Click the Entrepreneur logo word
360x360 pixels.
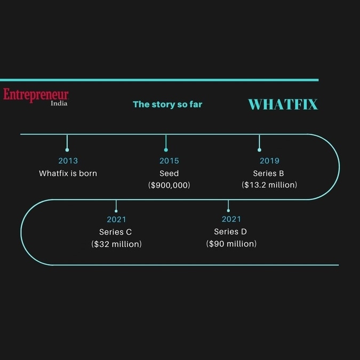(x=36, y=95)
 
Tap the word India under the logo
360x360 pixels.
(x=59, y=103)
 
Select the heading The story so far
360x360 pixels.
(x=167, y=105)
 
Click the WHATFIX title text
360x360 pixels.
(x=283, y=105)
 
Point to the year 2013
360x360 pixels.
(x=68, y=161)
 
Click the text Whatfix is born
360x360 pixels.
(x=68, y=173)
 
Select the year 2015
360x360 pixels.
(x=169, y=161)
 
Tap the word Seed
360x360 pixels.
(x=169, y=173)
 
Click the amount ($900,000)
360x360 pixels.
(x=169, y=185)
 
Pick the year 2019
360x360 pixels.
(x=269, y=161)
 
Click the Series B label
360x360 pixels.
(x=269, y=173)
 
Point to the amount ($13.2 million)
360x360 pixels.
(x=269, y=185)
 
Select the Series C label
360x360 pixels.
(x=116, y=232)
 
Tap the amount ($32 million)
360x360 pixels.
(x=117, y=244)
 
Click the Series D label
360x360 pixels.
(x=230, y=231)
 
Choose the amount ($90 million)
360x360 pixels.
(x=231, y=244)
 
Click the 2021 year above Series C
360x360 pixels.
(x=116, y=220)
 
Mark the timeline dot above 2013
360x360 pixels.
(x=67, y=150)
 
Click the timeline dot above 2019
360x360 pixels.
(x=259, y=150)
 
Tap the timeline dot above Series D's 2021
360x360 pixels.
(x=228, y=211)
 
